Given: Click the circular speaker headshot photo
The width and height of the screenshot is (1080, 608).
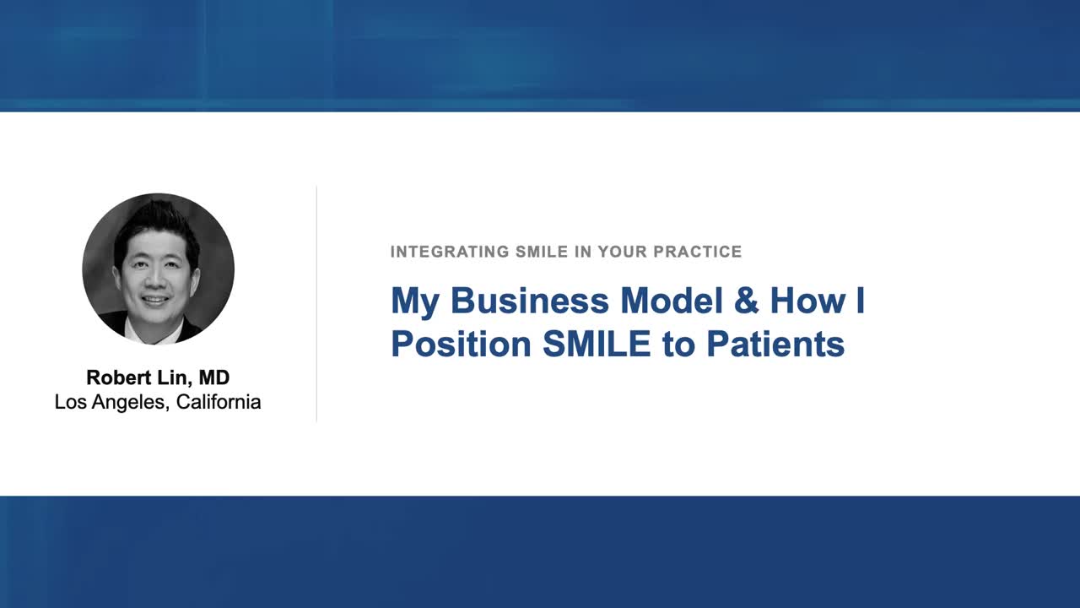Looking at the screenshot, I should click(158, 269).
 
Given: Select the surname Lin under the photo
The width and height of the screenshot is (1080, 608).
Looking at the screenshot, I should click(173, 377).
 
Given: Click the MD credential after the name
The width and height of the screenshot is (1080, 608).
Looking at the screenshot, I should click(214, 377).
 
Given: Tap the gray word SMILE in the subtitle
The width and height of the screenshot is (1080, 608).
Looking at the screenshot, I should click(541, 252).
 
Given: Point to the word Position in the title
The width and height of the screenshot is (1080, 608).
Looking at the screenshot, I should click(461, 345).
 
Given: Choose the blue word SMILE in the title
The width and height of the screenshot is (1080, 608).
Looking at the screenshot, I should click(597, 345).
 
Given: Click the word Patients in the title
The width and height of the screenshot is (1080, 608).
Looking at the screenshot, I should click(775, 345).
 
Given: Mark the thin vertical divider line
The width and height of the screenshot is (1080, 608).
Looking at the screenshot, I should click(316, 304).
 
